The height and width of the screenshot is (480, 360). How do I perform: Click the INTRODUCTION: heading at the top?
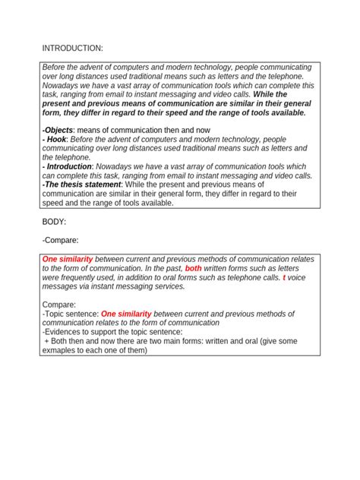[x=72, y=49]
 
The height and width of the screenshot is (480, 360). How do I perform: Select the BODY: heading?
[x=56, y=222]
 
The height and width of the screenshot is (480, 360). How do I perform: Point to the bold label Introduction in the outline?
[x=69, y=166]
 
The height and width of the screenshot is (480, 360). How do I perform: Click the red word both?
[x=194, y=268]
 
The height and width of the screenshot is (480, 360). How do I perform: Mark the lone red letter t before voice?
[x=285, y=277]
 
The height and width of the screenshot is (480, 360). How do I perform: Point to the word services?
[x=166, y=286]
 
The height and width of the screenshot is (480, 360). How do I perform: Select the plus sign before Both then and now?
[x=46, y=341]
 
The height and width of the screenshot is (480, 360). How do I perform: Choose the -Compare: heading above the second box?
[x=62, y=240]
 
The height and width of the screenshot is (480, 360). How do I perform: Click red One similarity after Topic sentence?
[x=131, y=314]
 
